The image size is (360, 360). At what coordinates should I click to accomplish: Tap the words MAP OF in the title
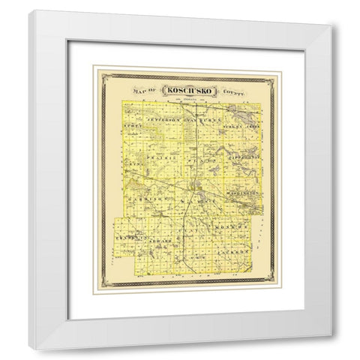(x=142, y=91)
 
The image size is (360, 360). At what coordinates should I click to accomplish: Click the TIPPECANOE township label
(x=241, y=160)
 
